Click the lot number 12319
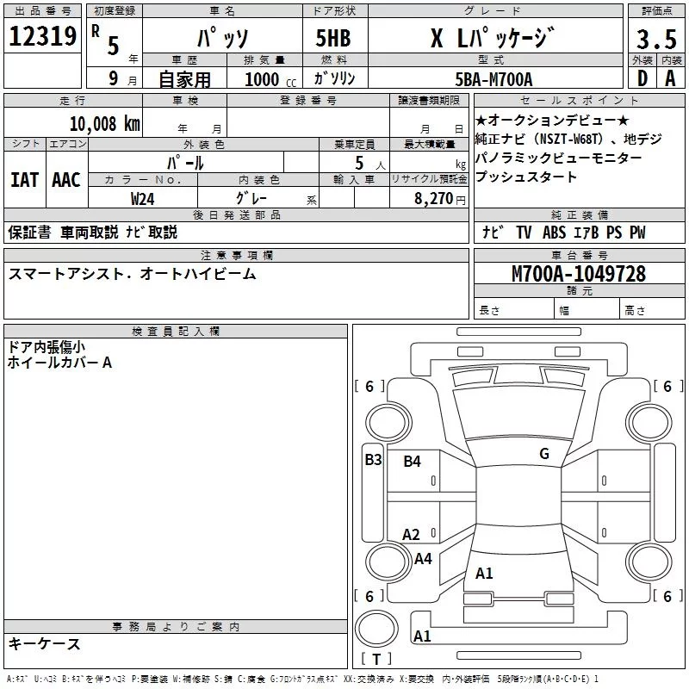point(42,36)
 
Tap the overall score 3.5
point(656,39)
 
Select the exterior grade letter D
point(642,78)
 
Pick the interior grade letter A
point(670,78)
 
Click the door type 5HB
point(333,38)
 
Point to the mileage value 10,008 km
point(104,124)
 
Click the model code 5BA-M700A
point(493,79)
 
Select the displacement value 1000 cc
point(270,79)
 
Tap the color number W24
point(142,199)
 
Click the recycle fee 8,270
point(434,199)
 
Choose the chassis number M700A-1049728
point(579,274)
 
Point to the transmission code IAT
point(25,180)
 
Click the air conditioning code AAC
point(66,180)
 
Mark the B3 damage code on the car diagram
point(373,460)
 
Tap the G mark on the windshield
point(544,454)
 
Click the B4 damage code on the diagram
point(413,462)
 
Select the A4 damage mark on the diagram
point(423,559)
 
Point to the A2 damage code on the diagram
point(411,535)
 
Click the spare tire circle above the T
point(376,629)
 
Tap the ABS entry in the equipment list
point(554,233)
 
